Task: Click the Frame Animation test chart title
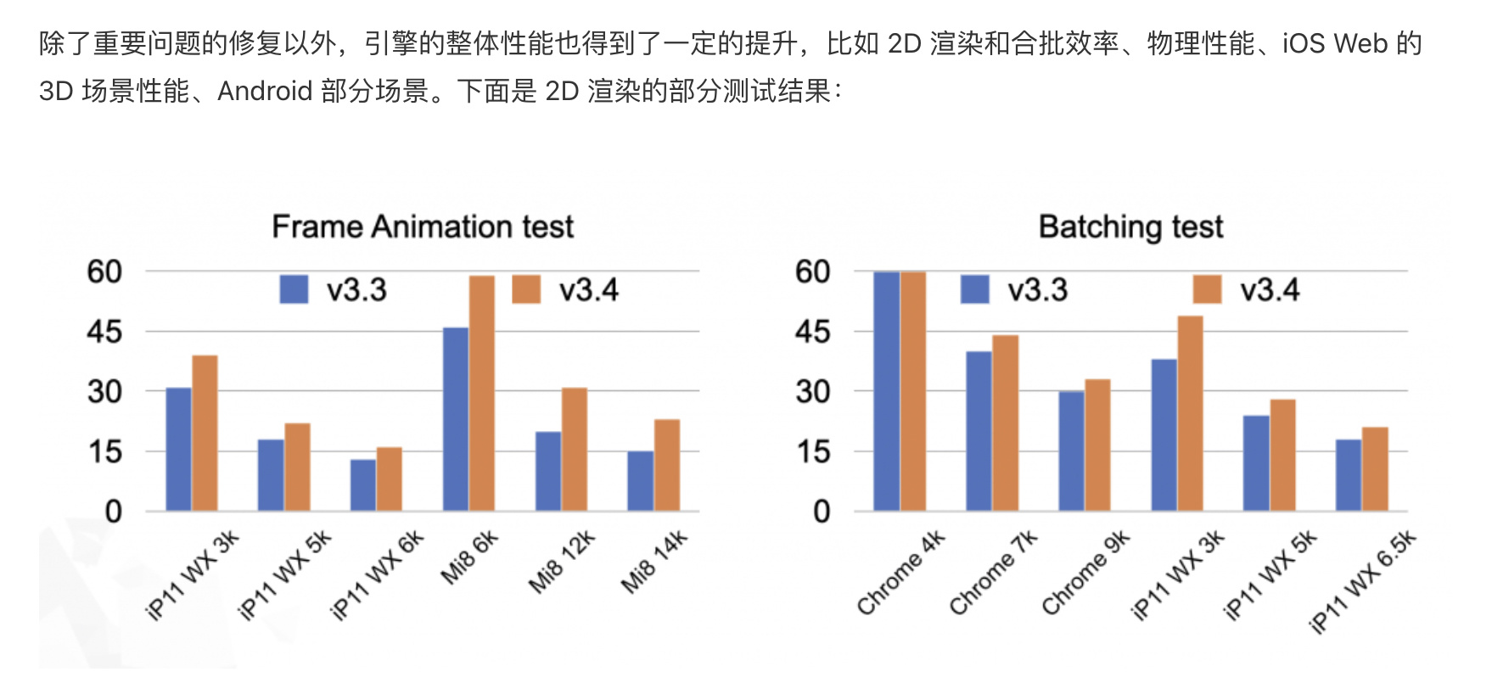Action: pos(423,227)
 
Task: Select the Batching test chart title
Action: pos(1130,227)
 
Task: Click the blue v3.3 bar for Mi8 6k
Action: pos(456,419)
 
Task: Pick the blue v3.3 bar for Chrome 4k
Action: pos(886,391)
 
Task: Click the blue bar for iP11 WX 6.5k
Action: pos(1348,475)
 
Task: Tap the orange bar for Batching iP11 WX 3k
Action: pos(1190,413)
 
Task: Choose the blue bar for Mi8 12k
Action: pos(548,471)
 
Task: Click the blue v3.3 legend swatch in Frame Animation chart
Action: pos(294,289)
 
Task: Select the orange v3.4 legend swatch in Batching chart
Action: pos(1207,289)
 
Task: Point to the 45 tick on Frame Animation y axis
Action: pos(104,332)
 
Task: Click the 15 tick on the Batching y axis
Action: pos(812,452)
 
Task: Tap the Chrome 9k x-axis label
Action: pos(1085,574)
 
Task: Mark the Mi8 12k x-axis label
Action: pos(562,562)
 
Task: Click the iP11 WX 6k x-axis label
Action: pos(376,576)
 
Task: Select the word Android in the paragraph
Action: pos(265,91)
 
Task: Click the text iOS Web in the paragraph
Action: pos(1334,43)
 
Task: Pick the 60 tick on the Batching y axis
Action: pos(812,272)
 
